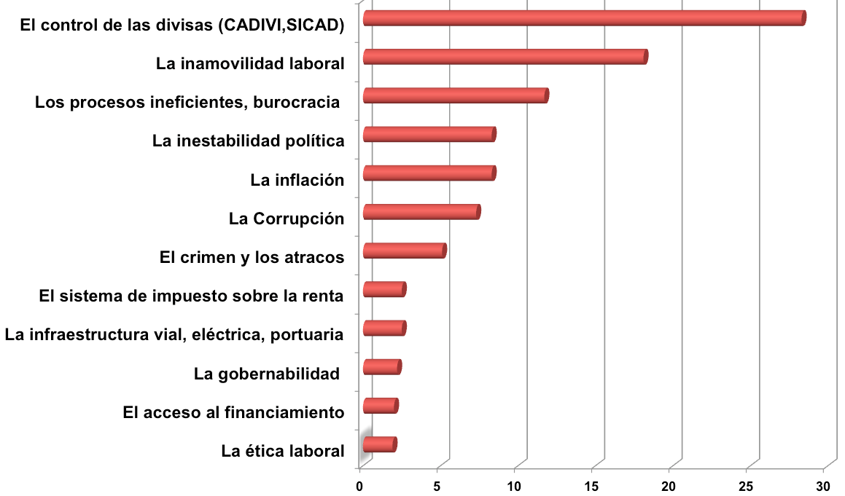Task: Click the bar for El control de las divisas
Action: pos(583,18)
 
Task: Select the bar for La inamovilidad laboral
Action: pos(505,57)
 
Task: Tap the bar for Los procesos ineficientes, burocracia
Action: pos(455,95)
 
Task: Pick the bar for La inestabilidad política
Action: pos(429,134)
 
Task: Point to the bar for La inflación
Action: pos(429,173)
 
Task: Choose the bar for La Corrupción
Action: pos(421,211)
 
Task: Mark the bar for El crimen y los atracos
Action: pos(404,251)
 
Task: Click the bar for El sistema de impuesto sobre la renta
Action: pos(383,289)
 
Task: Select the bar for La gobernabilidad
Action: pos(381,367)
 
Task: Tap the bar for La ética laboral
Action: pos(379,444)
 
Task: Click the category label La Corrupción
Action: pos(286,219)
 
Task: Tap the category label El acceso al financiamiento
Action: pos(233,413)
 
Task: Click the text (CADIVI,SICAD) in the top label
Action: pos(281,25)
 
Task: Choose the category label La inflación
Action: pos(297,180)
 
